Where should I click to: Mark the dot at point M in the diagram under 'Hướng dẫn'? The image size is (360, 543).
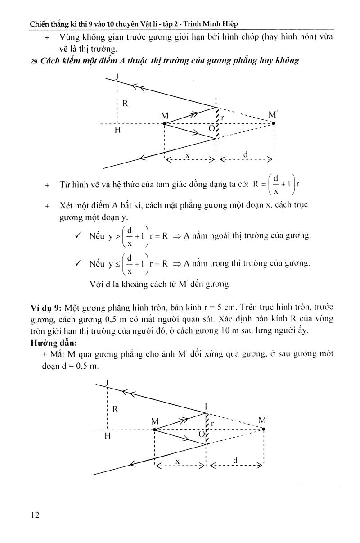[x=155, y=430]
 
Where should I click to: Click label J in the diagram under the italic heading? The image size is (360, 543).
[x=117, y=77]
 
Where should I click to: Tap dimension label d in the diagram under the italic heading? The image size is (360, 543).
[x=245, y=154]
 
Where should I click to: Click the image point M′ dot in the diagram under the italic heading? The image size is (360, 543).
[x=274, y=123]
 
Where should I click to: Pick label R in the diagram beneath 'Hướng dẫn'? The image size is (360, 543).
[x=115, y=409]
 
